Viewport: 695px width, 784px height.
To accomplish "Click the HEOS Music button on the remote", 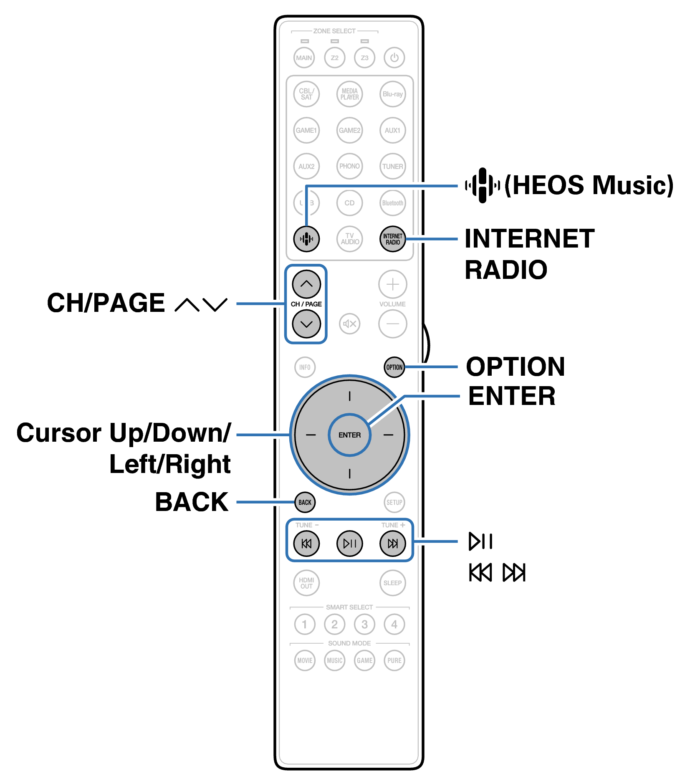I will pyautogui.click(x=306, y=239).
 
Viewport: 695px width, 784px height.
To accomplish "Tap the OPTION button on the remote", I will pyautogui.click(x=394, y=367).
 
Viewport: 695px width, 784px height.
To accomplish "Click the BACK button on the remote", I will pyautogui.click(x=305, y=502).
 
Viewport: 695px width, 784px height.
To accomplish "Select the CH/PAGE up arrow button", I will pyautogui.click(x=306, y=284).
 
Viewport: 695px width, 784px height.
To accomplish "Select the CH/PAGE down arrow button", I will pyautogui.click(x=306, y=324).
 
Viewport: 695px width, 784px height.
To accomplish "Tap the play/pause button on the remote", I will pyautogui.click(x=349, y=543).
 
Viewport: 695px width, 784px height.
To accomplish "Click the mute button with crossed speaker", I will pyautogui.click(x=349, y=324).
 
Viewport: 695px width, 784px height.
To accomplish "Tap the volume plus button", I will pyautogui.click(x=392, y=284).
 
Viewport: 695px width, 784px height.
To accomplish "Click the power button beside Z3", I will pyautogui.click(x=394, y=58).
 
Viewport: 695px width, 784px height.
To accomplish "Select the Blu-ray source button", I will pyautogui.click(x=392, y=94).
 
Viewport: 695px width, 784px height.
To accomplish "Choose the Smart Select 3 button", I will pyautogui.click(x=364, y=624).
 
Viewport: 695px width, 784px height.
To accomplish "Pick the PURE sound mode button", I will pyautogui.click(x=394, y=660).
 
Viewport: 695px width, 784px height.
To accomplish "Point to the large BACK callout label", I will pyautogui.click(x=192, y=502).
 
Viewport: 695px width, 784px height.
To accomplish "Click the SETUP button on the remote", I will pyautogui.click(x=394, y=502).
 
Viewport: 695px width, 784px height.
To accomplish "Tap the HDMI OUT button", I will pyautogui.click(x=306, y=583).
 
